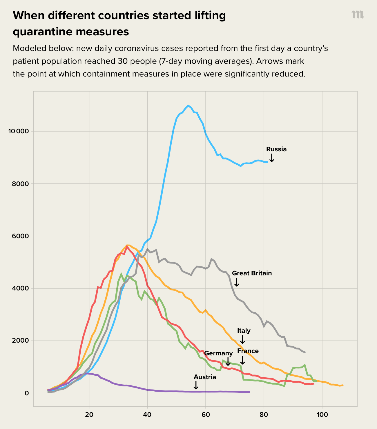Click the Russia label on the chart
[276, 149]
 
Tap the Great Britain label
[252, 273]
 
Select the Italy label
[244, 331]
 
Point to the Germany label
[218, 353]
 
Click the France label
[248, 351]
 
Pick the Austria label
[205, 377]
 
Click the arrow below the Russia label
[272, 158]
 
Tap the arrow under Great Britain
[237, 282]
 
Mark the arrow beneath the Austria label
[196, 385]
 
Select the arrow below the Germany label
[228, 362]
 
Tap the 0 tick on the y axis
[27, 393]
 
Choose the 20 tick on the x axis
[89, 415]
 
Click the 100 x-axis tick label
[322, 415]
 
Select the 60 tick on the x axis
[206, 415]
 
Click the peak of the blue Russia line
[188, 106]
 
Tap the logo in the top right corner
[358, 15]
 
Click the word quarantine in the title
[43, 32]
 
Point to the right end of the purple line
[249, 392]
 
